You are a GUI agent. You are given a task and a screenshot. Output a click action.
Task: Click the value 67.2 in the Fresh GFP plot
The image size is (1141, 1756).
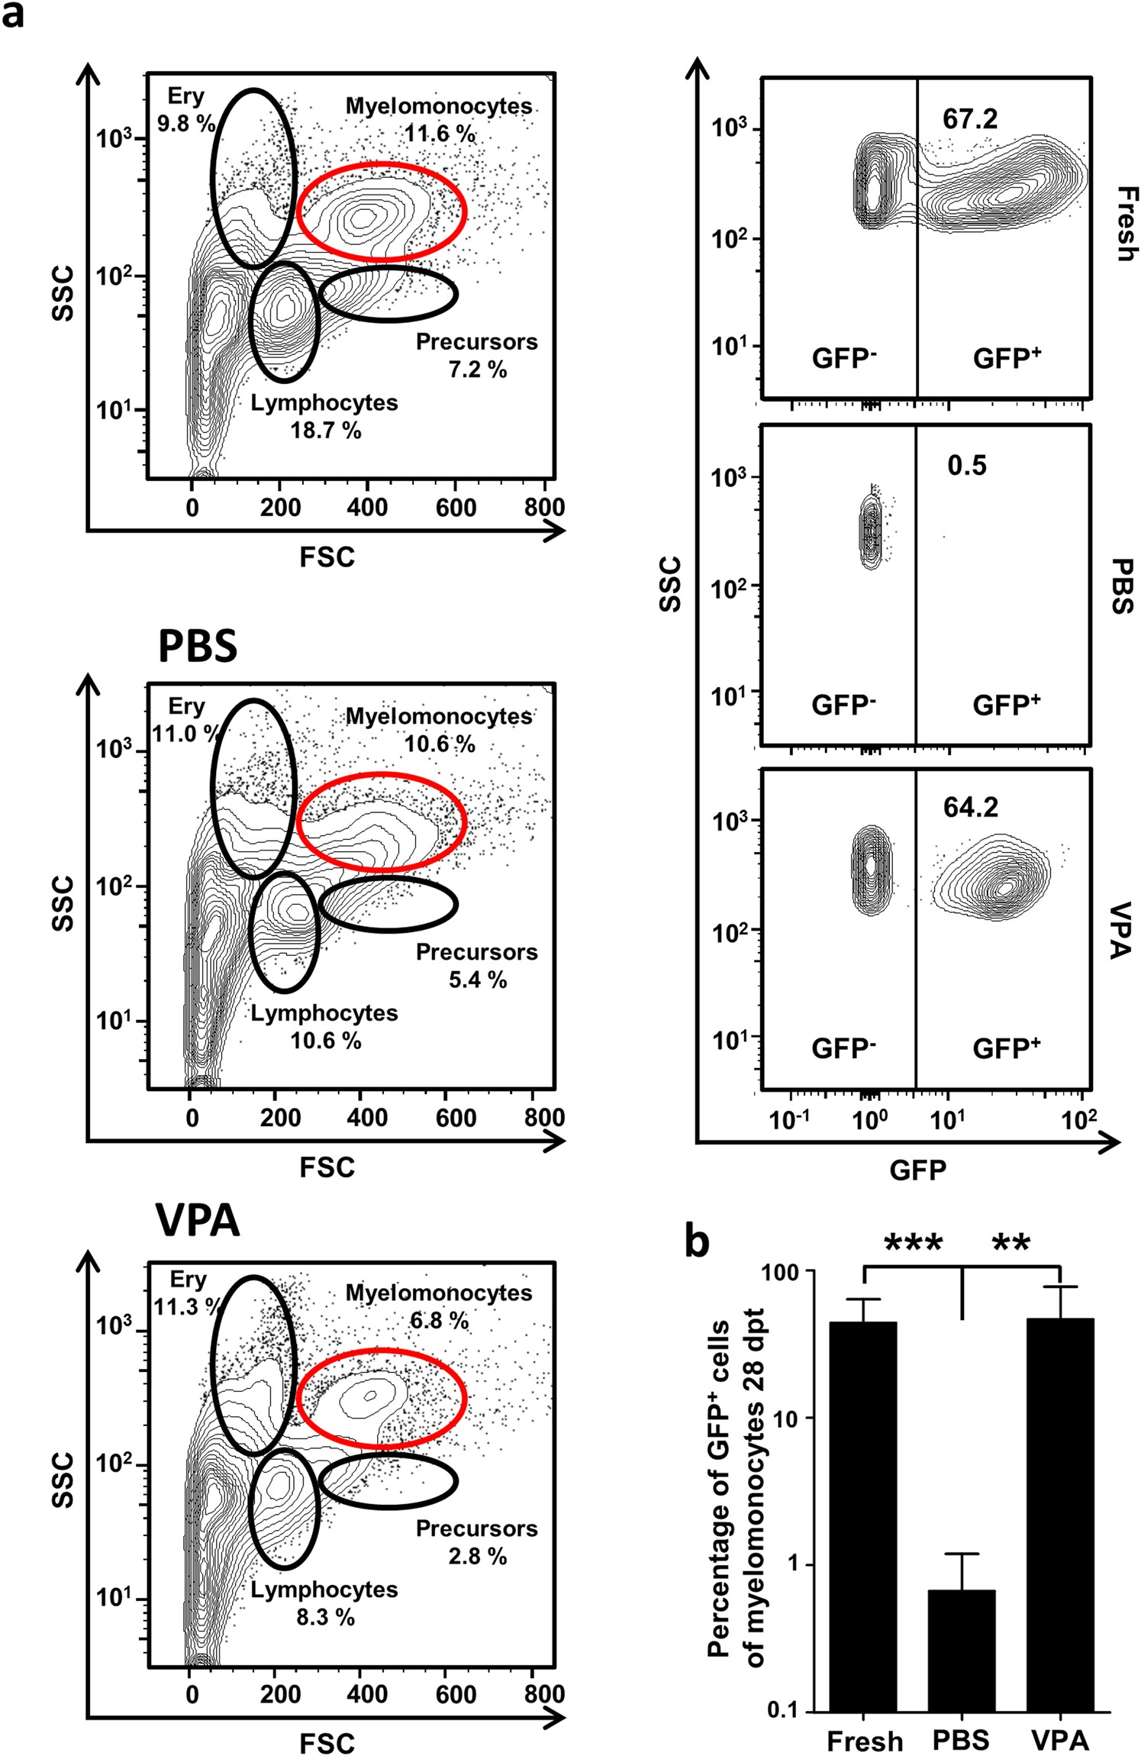[x=969, y=119]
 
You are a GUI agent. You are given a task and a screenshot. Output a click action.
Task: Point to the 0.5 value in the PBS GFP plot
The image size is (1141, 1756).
[x=966, y=466]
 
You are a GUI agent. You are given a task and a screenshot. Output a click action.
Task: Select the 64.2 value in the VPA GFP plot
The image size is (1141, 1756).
[x=970, y=808]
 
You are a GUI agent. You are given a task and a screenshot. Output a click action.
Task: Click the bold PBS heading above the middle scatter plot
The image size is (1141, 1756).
[x=197, y=646]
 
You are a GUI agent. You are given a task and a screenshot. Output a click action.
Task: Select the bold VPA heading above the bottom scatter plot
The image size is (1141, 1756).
[x=197, y=1221]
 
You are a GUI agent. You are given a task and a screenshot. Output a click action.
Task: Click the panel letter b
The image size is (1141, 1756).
[x=696, y=1241]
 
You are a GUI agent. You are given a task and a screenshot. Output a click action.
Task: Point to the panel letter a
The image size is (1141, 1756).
[x=13, y=14]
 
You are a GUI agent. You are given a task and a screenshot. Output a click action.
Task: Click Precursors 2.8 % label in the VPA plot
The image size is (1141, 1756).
[x=476, y=1541]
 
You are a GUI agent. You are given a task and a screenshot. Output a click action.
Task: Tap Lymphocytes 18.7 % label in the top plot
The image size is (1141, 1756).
[x=324, y=417]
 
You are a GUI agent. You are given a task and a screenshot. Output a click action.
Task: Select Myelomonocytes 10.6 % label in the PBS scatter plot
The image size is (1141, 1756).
[x=439, y=730]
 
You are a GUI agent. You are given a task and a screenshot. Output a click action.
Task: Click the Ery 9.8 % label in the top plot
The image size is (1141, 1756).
[x=185, y=109]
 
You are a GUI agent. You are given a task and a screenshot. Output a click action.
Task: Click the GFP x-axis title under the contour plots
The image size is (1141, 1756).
[x=917, y=1170]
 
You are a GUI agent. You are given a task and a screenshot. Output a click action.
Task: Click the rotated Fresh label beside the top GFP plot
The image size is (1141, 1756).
[x=1124, y=224]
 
